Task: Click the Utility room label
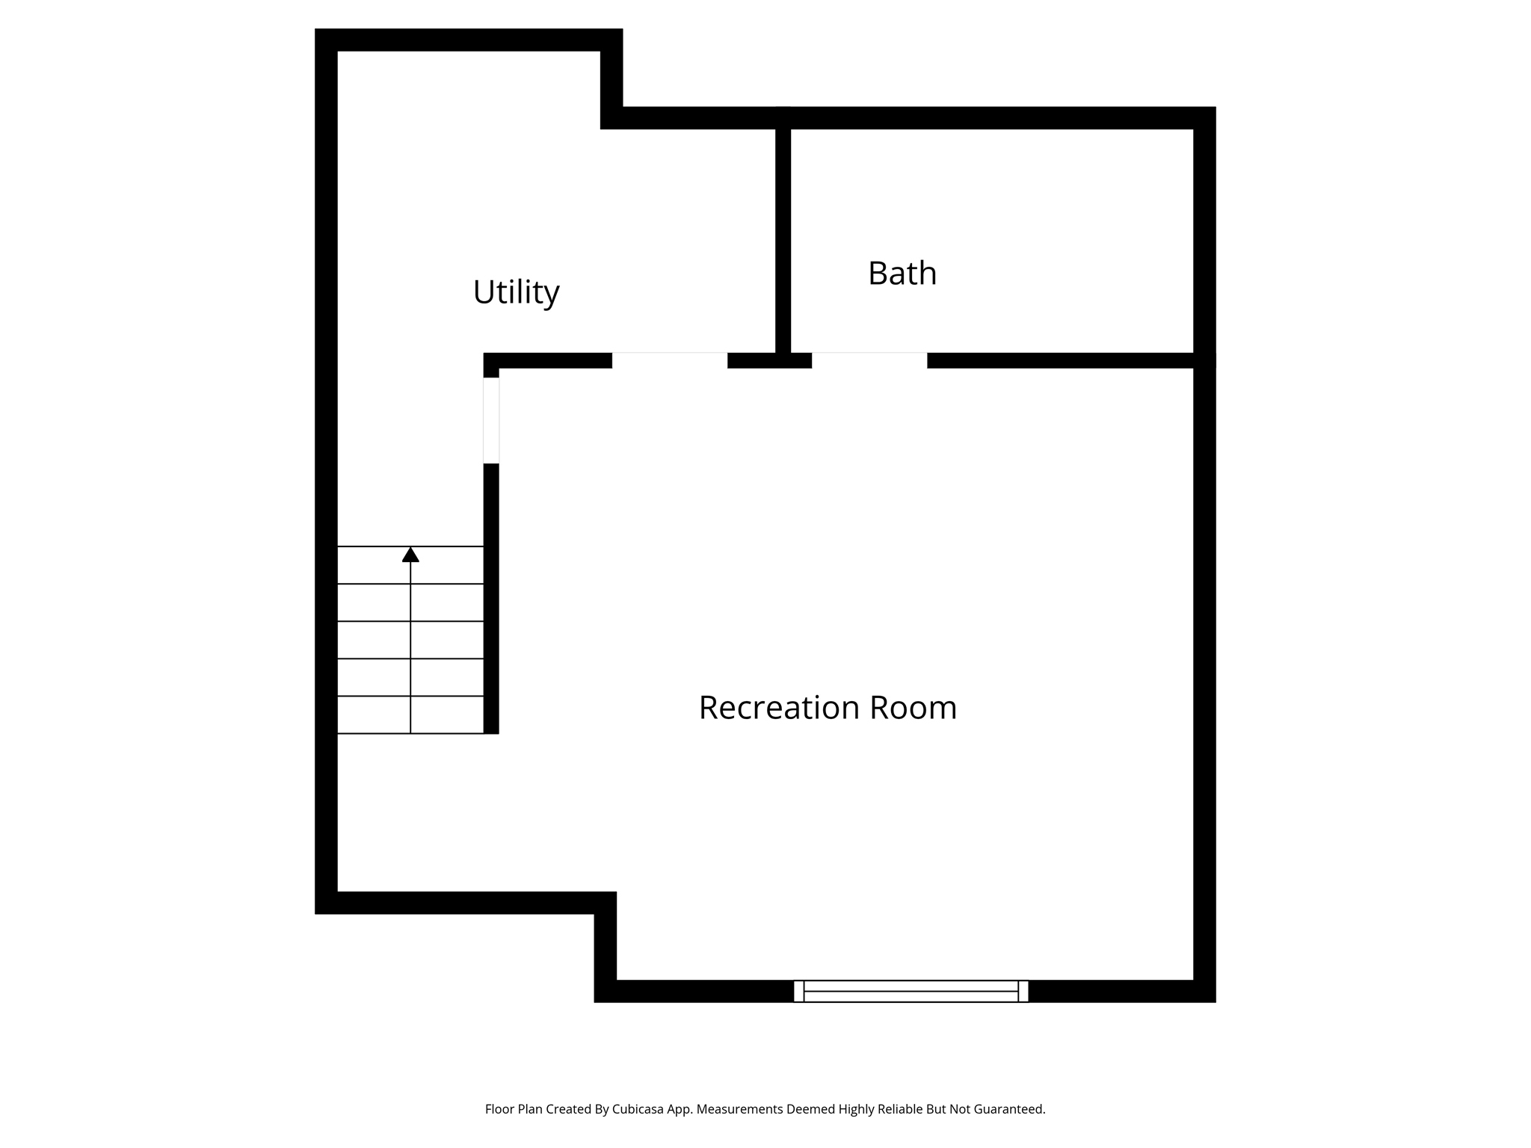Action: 516,292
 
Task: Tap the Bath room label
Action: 902,274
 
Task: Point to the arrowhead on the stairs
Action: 410,555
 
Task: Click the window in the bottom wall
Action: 911,991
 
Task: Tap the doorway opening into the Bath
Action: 869,360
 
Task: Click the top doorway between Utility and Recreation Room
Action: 670,360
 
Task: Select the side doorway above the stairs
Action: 491,420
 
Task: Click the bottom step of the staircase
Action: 410,715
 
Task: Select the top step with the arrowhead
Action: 410,565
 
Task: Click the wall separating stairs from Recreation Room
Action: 491,599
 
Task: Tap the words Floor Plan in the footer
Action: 514,1109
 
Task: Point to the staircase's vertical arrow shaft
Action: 410,647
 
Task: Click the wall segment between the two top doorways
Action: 770,360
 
